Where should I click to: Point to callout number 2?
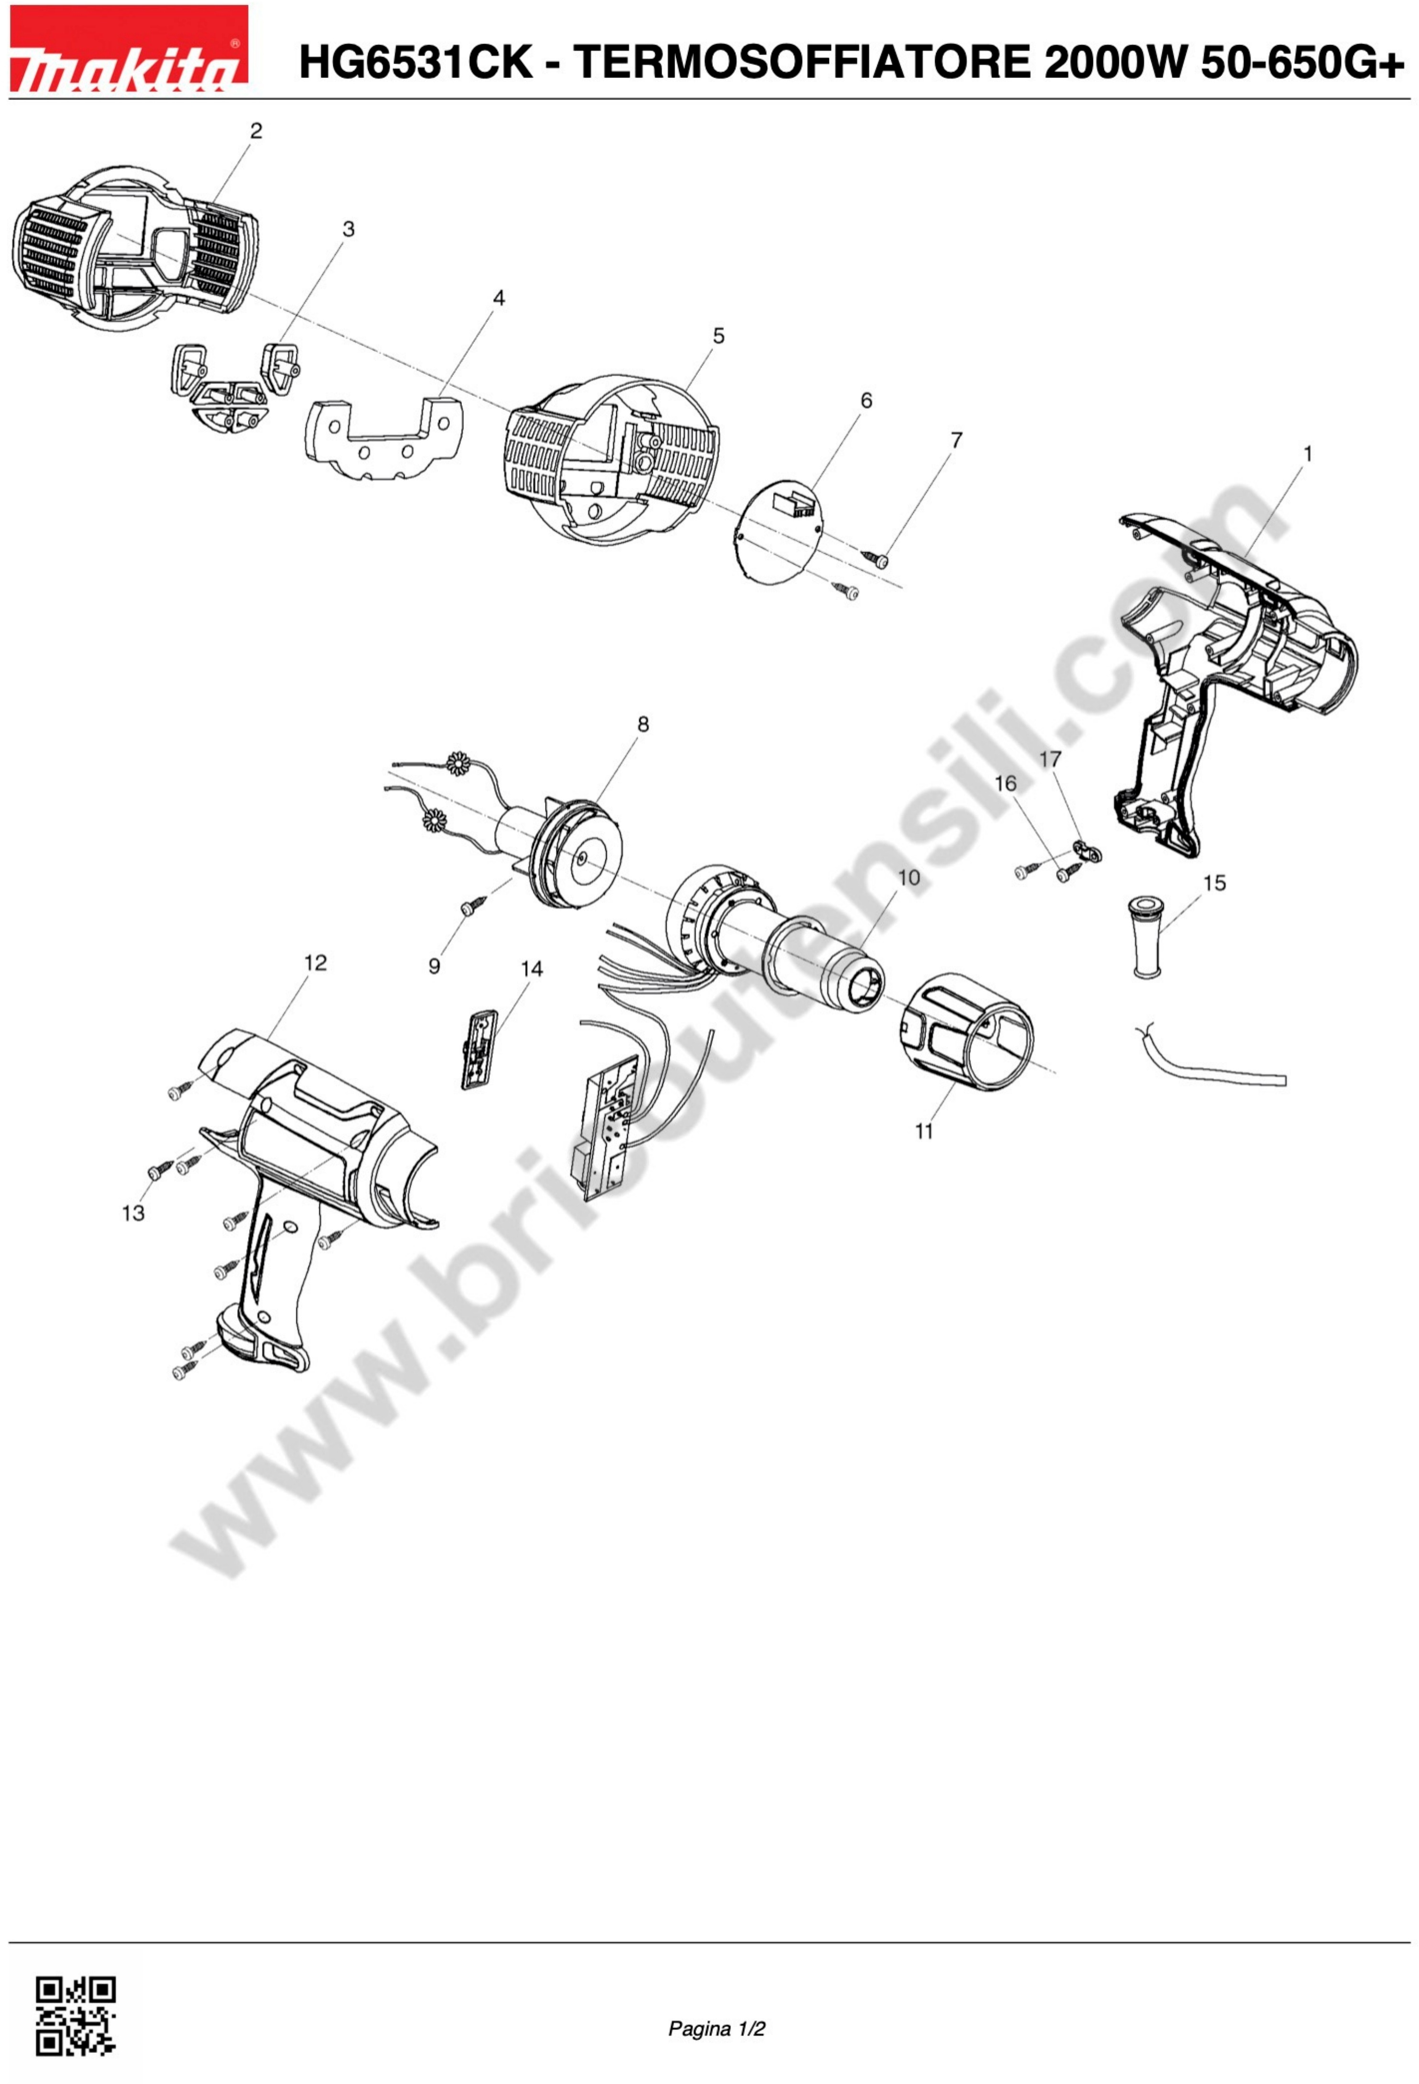256,131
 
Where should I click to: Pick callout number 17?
1050,759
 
